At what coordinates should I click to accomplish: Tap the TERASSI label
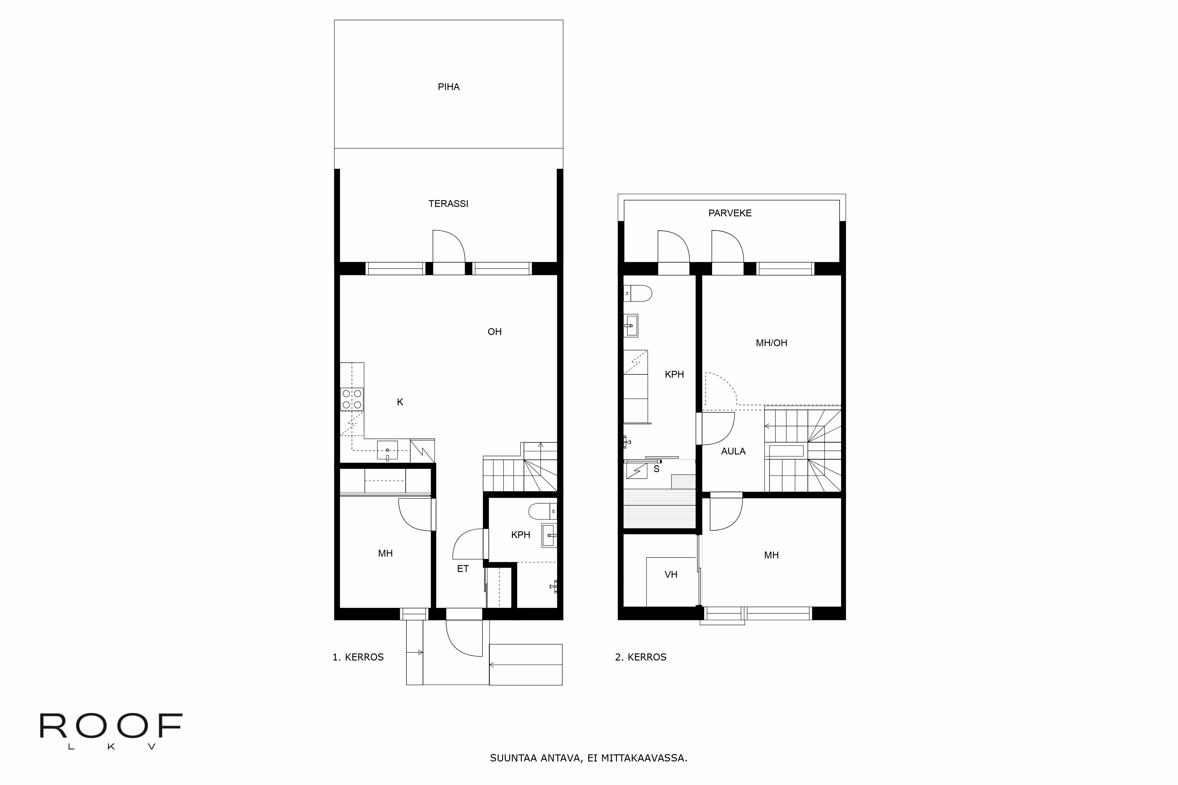coord(448,204)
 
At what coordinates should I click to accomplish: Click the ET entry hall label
coord(463,569)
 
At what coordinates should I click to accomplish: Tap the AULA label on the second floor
coord(733,452)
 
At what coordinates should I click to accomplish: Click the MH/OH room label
coord(771,343)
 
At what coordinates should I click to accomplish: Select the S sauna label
coord(656,469)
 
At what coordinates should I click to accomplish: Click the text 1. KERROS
coord(358,657)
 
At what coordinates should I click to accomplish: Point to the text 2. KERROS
coord(641,657)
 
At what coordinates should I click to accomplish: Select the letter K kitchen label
coord(400,402)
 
